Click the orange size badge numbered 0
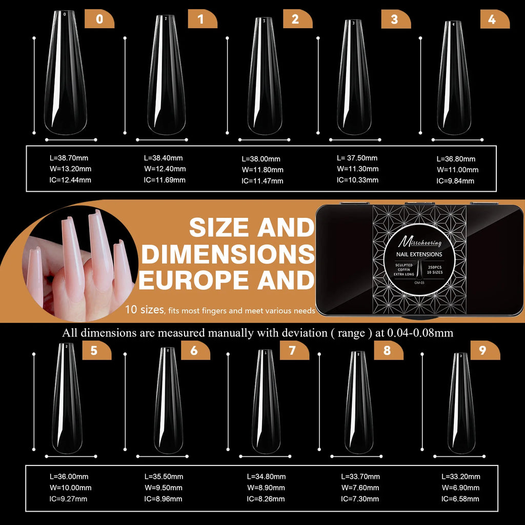point(99,19)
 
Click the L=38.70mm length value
point(66,158)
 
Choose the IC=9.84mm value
point(455,180)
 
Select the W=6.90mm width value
point(461,488)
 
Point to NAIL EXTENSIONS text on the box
point(419,254)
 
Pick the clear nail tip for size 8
point(358,403)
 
